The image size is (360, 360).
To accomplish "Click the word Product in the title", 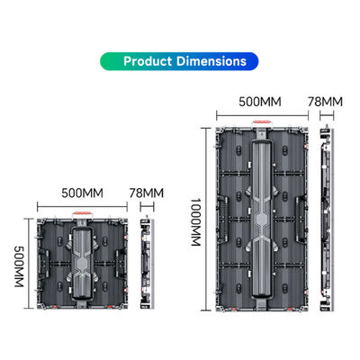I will tap(153, 62).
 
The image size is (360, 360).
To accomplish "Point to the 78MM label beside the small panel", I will tap(148, 193).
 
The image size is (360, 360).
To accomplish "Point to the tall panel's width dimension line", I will tap(263, 116).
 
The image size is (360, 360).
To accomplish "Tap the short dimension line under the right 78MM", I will tap(327, 116).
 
